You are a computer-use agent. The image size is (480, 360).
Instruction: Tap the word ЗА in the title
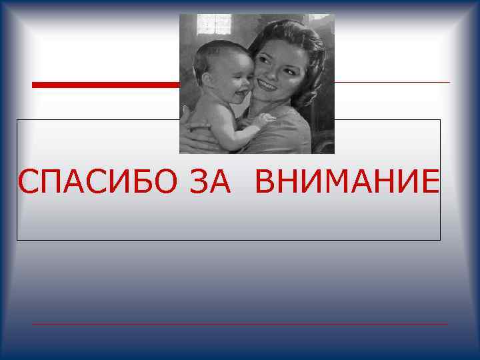(211, 181)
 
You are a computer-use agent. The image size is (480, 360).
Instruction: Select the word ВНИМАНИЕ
(347, 181)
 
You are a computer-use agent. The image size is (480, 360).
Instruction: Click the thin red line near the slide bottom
(240, 324)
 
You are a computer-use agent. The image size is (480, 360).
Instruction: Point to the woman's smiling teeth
(267, 85)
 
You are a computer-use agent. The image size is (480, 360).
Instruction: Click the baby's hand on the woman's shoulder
(264, 120)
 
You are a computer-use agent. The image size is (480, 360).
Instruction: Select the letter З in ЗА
(199, 181)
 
